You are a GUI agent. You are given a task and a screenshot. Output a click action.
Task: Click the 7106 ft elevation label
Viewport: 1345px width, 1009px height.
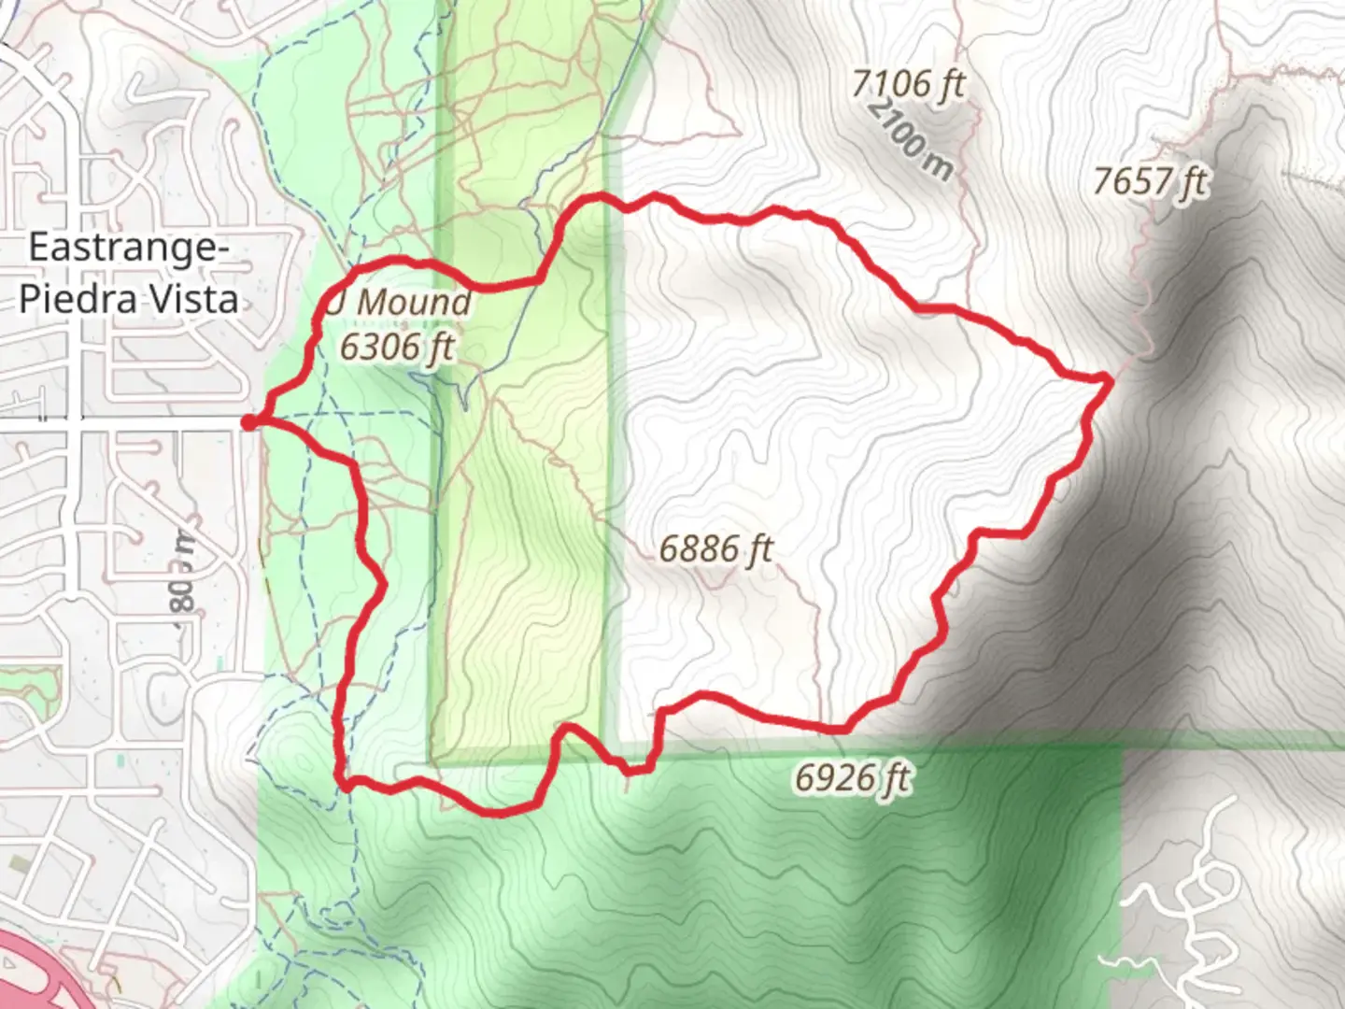(907, 84)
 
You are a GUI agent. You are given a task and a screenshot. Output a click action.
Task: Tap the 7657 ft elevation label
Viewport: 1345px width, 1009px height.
(1150, 181)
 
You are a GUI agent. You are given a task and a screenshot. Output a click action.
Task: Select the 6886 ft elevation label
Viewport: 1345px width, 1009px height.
(716, 548)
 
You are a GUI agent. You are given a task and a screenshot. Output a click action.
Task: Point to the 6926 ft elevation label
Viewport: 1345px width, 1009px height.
(852, 777)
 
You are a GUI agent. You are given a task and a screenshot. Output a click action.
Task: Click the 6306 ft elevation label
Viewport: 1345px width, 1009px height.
(396, 347)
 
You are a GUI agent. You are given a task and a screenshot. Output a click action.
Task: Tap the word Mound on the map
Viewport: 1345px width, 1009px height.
(414, 303)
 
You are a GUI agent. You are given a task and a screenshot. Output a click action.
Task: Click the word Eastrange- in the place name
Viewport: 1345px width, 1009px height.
(129, 249)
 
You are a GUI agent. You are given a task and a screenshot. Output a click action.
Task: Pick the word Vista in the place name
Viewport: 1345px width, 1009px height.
(196, 299)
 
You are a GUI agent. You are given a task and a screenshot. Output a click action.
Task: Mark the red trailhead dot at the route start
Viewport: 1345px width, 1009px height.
(248, 423)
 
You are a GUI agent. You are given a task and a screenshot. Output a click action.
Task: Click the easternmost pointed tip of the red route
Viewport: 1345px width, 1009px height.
(1109, 377)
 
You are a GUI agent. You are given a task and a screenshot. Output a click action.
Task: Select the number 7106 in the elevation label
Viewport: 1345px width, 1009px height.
(891, 84)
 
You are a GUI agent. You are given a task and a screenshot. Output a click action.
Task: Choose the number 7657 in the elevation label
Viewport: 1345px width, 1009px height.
(1134, 181)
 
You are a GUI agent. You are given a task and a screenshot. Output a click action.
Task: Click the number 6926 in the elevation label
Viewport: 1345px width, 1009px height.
(836, 777)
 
